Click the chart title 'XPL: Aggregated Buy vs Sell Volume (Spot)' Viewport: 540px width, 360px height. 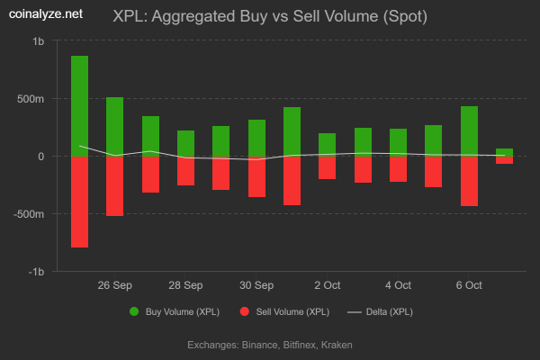pyautogui.click(x=270, y=16)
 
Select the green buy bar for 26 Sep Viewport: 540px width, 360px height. pyautogui.click(x=115, y=126)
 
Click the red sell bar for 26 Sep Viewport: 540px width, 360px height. pyautogui.click(x=115, y=185)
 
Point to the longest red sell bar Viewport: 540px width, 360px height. pyautogui.click(x=79, y=202)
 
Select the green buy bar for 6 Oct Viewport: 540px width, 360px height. pyautogui.click(x=469, y=130)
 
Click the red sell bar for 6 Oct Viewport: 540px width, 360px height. pyautogui.click(x=469, y=181)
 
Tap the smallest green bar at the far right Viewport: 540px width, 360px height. pyautogui.click(x=504, y=152)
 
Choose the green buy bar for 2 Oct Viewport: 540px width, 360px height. pyautogui.click(x=328, y=144)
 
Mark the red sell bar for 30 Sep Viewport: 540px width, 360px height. pyautogui.click(x=256, y=176)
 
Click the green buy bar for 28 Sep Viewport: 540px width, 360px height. pyautogui.click(x=185, y=143)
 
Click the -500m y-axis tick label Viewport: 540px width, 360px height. pyautogui.click(x=29, y=214)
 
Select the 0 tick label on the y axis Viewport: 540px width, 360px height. pyautogui.click(x=40, y=157)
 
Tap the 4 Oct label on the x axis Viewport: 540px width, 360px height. pyautogui.click(x=398, y=285)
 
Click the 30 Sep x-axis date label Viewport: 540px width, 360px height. pyautogui.click(x=256, y=285)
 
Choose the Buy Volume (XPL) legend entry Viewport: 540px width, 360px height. pyautogui.click(x=175, y=311)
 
